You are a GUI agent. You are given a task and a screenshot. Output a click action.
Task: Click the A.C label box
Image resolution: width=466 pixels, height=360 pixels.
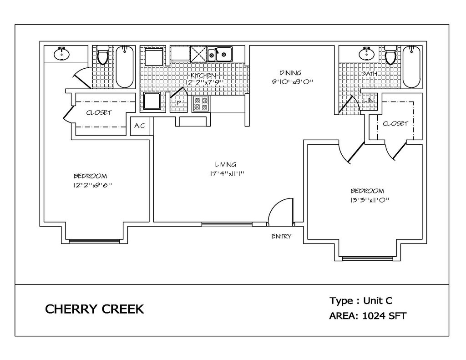point(140,126)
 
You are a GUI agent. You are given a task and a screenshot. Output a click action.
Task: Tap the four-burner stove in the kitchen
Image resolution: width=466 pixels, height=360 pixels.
point(201,104)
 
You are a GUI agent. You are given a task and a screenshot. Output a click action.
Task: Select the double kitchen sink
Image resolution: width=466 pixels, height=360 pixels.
point(220,54)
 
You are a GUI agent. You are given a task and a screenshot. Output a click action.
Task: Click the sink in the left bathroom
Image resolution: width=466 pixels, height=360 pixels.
point(62,54)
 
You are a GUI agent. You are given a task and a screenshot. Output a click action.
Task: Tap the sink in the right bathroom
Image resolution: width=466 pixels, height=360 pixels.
point(367,54)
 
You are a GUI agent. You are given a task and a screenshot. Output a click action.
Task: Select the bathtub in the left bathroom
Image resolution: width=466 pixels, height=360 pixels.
point(124,67)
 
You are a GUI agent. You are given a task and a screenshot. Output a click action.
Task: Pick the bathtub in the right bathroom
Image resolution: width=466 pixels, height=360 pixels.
point(411,67)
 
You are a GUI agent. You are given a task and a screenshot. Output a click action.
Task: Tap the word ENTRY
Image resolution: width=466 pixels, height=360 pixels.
point(281,236)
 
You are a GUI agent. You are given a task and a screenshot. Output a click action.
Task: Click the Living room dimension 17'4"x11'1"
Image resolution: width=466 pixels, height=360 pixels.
point(227,173)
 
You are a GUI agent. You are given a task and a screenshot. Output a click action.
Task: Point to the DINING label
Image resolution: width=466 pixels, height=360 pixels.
point(290,73)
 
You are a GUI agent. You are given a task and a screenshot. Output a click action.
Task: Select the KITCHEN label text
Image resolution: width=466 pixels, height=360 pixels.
point(203,76)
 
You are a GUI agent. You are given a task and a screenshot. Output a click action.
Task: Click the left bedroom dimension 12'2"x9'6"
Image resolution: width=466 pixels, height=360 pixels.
point(92,185)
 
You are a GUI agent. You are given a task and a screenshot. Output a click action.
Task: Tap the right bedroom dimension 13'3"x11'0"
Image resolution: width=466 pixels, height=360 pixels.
point(370,200)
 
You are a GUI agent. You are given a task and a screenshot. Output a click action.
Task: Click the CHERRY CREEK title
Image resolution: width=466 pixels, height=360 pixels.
point(95,309)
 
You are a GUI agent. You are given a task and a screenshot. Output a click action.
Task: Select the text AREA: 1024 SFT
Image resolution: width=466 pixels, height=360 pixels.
point(368,316)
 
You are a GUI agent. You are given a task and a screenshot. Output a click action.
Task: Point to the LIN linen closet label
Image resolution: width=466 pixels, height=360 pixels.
point(368,101)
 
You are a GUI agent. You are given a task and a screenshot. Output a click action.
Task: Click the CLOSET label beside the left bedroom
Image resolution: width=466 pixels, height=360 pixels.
point(99,113)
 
